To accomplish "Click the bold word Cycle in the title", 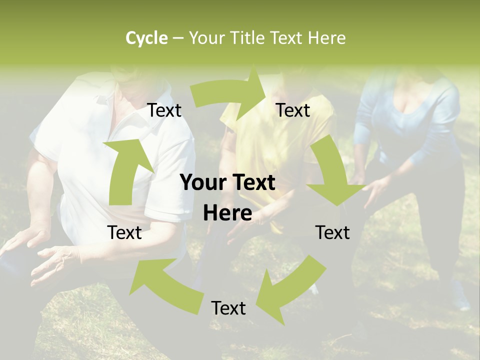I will (x=146, y=38).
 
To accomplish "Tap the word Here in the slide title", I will (x=327, y=38).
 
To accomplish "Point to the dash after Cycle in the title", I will (x=178, y=38).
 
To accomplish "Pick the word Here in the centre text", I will (x=227, y=213).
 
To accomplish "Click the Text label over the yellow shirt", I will (x=293, y=110).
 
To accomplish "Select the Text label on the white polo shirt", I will (x=164, y=110).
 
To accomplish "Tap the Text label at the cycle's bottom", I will (x=228, y=308).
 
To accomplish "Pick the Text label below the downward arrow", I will (x=332, y=232).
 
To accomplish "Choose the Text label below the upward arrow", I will (x=124, y=232).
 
